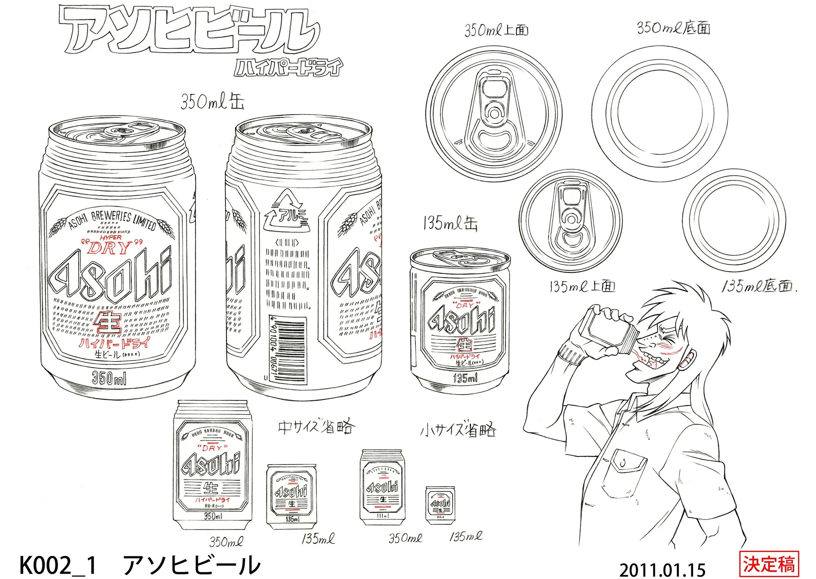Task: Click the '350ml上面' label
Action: pyautogui.click(x=496, y=30)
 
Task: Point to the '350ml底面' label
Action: pyautogui.click(x=673, y=28)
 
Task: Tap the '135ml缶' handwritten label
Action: pyautogui.click(x=450, y=224)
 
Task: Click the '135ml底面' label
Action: pyautogui.click(x=758, y=286)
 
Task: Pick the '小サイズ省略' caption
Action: pyautogui.click(x=458, y=430)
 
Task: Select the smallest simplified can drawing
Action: pyautogui.click(x=440, y=504)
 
